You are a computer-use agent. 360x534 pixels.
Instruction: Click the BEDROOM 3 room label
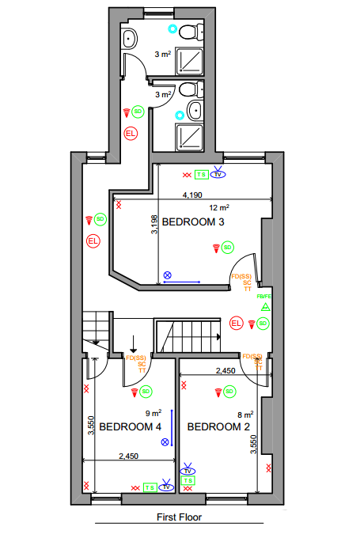pos(193,222)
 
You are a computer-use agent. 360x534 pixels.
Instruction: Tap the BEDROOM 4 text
pos(130,426)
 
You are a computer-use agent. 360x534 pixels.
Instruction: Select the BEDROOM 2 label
pos(218,426)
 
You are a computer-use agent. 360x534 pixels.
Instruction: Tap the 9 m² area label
pos(153,412)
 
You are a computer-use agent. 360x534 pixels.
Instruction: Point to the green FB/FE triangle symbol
pos(266,306)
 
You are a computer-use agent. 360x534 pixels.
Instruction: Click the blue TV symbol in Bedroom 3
pos(218,173)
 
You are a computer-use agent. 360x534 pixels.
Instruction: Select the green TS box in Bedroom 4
pos(150,487)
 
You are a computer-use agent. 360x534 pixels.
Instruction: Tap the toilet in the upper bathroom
pos(188,32)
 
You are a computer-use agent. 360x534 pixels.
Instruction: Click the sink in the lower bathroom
pos(194,110)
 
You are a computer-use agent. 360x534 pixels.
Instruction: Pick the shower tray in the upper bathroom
pos(188,61)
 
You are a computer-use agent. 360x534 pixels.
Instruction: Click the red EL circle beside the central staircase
pos(236,323)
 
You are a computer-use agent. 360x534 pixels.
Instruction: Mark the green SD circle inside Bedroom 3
pos(227,248)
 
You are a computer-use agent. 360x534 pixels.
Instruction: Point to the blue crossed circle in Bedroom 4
pos(165,444)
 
